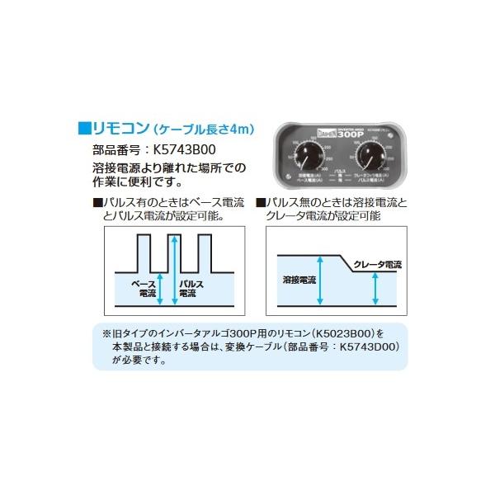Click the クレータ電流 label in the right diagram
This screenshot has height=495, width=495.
(375, 264)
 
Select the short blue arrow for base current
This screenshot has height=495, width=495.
(161, 287)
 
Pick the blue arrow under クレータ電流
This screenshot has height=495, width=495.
(376, 289)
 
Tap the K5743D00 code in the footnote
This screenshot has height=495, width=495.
(366, 347)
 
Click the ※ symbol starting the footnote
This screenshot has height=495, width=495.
(106, 334)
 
